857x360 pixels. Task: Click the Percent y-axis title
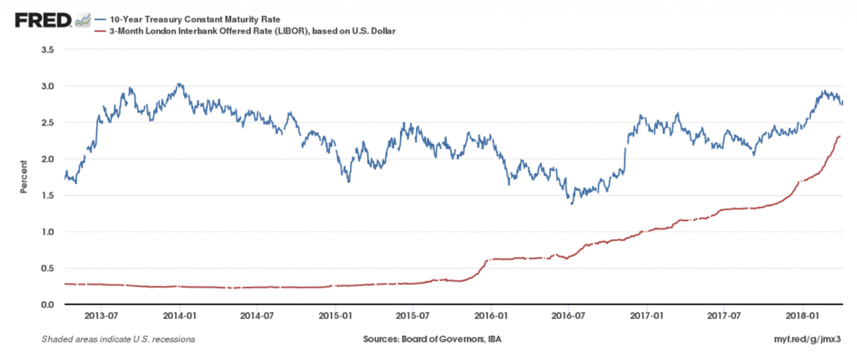tap(24, 177)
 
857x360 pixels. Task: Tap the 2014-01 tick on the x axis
tap(180, 316)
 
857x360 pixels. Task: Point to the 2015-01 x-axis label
tap(335, 316)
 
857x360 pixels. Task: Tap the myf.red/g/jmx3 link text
tap(809, 340)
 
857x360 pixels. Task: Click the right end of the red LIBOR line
tap(840, 136)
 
